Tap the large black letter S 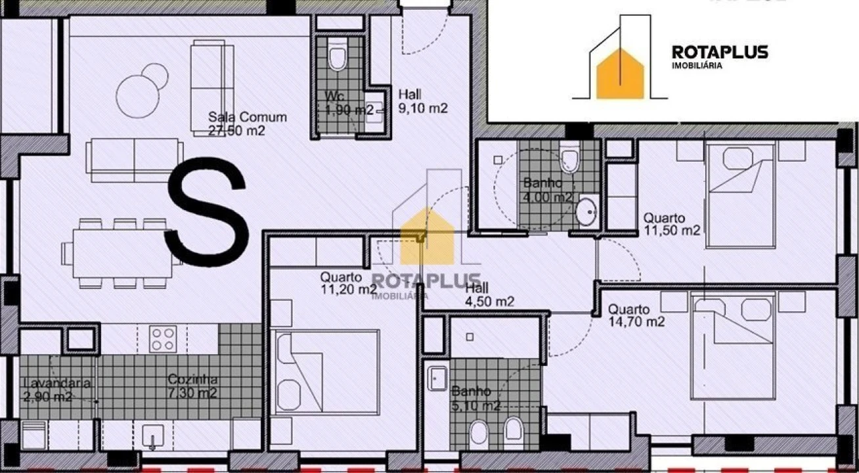coord(207,214)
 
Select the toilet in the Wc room coord(337,58)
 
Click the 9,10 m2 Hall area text coord(424,109)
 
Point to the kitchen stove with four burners coord(162,339)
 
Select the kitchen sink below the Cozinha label coord(154,436)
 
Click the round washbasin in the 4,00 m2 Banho coord(586,212)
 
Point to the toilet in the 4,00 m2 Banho coord(569,160)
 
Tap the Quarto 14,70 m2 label coord(636,315)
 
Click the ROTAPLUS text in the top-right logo coord(720,52)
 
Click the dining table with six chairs coord(121,253)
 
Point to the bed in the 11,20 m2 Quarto coord(327,372)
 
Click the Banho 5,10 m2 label coord(475,399)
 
